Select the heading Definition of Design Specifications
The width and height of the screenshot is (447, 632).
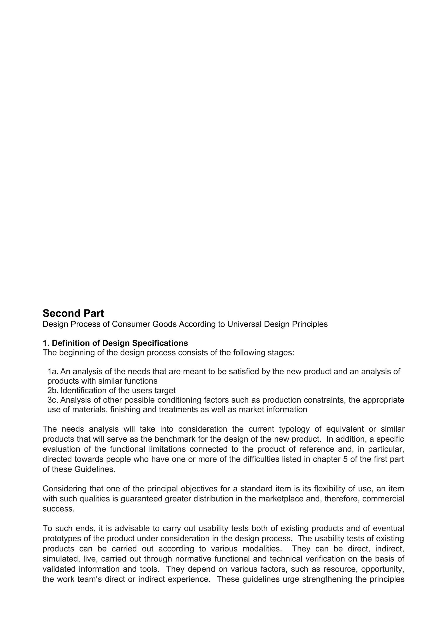pos(120,343)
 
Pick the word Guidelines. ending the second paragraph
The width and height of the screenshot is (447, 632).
pos(95,469)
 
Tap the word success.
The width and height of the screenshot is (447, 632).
pos(59,509)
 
